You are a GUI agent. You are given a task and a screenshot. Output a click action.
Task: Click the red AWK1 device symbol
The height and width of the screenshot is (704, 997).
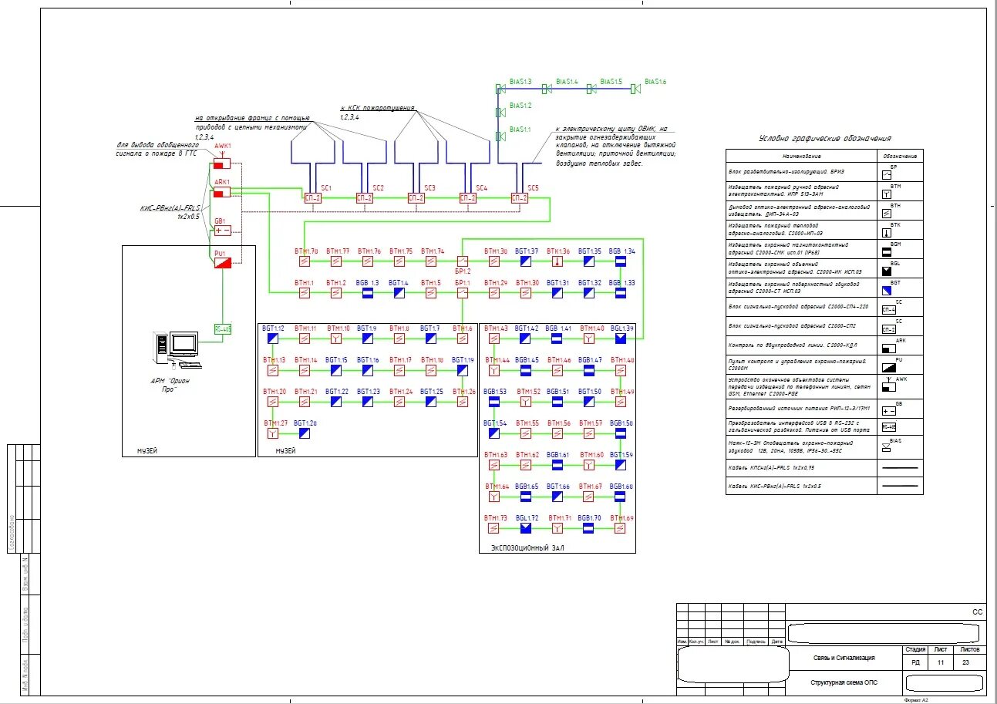(222, 163)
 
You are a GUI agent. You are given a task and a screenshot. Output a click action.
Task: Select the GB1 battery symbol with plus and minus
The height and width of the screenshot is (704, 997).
(222, 230)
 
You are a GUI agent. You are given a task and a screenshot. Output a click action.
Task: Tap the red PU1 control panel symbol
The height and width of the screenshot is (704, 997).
(222, 263)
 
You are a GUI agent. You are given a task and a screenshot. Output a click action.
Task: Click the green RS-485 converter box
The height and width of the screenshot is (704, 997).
(222, 329)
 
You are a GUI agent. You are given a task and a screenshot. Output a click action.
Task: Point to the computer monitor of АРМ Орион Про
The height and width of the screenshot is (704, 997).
(185, 344)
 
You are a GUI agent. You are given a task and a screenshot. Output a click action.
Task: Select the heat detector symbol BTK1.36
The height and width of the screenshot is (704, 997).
(557, 261)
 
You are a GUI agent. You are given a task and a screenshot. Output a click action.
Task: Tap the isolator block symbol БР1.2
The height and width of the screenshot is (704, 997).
(463, 261)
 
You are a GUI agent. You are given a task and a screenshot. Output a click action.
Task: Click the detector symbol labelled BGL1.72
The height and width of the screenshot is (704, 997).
(526, 528)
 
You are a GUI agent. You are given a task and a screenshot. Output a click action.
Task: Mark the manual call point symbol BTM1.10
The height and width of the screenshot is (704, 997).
(336, 339)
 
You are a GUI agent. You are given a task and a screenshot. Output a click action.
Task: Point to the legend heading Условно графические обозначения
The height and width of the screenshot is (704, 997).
(825, 138)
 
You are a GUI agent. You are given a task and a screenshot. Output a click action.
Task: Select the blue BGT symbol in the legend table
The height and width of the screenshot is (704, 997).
(888, 289)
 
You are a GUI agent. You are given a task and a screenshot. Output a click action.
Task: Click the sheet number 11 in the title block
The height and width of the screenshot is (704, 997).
(940, 662)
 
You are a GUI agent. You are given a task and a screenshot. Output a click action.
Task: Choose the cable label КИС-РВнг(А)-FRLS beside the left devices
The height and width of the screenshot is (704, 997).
(169, 208)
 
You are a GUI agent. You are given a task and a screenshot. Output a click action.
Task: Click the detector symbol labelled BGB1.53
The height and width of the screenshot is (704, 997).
(494, 402)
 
